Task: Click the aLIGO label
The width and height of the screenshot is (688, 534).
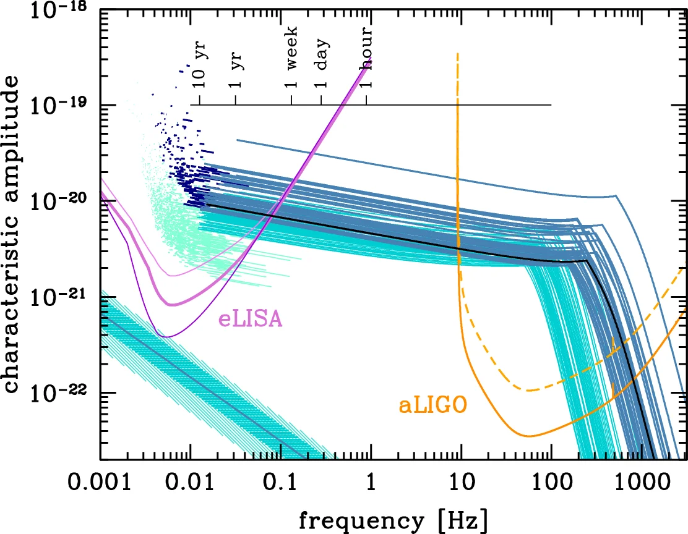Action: point(432,405)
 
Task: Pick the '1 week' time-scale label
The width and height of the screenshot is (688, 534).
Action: point(291,56)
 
